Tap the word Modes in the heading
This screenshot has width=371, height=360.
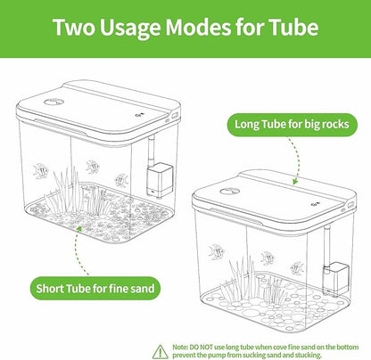click(198, 27)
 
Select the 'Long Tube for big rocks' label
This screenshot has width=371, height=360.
click(292, 125)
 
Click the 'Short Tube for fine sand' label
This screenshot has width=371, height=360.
click(95, 288)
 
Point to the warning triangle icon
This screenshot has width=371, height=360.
click(161, 352)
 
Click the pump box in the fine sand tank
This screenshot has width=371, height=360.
click(160, 180)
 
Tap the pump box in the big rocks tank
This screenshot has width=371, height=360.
click(336, 279)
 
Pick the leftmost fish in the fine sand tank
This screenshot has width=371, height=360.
click(40, 171)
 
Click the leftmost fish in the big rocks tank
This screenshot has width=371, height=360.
click(217, 252)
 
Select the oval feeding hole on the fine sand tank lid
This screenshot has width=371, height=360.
click(54, 102)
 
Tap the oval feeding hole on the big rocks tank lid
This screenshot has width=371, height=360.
click(230, 191)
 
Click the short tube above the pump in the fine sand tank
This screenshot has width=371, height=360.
click(152, 151)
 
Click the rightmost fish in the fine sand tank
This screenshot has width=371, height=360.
click(121, 180)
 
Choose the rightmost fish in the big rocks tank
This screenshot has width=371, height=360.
click(297, 268)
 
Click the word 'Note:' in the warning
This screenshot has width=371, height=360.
click(180, 348)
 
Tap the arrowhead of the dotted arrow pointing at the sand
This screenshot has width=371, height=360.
click(79, 229)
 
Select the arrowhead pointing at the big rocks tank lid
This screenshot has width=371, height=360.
click(295, 181)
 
